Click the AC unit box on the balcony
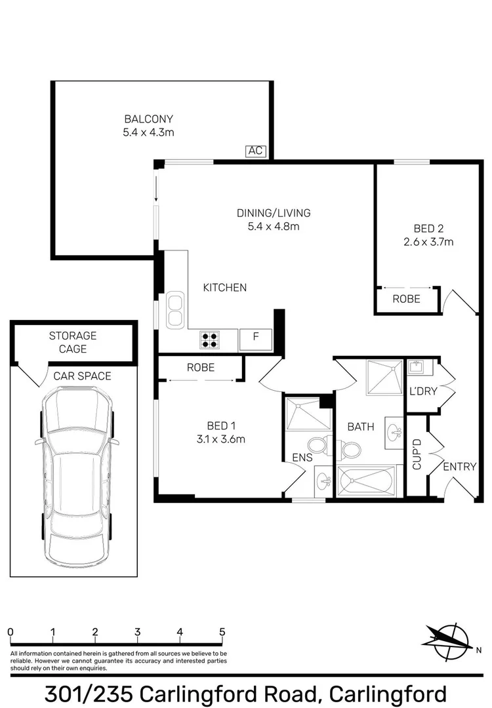coord(255,151)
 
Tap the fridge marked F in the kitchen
coord(256,339)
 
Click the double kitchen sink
coord(174,310)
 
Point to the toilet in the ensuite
coord(319,446)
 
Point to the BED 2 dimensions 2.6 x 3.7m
coord(428,242)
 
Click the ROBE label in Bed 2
coord(406,299)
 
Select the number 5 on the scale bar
coord(222,632)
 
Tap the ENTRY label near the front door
coord(459,467)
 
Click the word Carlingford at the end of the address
coord(388,693)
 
